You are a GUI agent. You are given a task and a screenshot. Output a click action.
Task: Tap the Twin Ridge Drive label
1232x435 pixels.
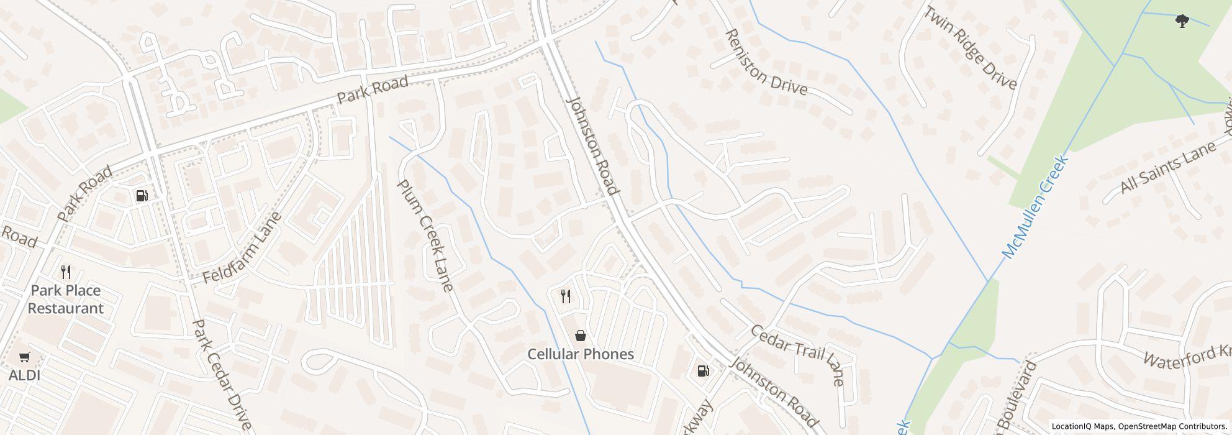[971, 47]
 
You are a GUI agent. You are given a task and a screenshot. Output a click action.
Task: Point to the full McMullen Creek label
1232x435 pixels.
[1035, 207]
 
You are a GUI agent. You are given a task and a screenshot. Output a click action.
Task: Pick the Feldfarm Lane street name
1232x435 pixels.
[243, 248]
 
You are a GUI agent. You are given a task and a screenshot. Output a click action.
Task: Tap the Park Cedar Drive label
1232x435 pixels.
[221, 375]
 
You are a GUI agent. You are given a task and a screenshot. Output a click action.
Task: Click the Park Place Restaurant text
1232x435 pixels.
[66, 300]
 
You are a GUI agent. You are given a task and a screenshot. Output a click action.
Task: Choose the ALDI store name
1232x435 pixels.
[24, 375]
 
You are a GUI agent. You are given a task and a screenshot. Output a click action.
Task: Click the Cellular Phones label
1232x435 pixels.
[580, 354]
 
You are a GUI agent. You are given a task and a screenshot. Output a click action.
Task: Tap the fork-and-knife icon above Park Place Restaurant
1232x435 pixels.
[66, 272]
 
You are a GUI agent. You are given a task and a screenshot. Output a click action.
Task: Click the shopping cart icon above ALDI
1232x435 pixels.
[24, 357]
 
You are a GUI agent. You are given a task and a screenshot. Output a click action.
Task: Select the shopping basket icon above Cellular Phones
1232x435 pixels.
[580, 336]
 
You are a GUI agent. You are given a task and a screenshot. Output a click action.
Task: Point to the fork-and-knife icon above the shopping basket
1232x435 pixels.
[565, 296]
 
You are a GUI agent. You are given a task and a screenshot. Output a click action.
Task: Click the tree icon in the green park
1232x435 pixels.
[1182, 22]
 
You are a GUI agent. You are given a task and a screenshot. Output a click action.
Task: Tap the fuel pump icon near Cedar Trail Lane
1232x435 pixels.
[703, 371]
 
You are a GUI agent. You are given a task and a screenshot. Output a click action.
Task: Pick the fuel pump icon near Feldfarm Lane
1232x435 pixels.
[142, 196]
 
